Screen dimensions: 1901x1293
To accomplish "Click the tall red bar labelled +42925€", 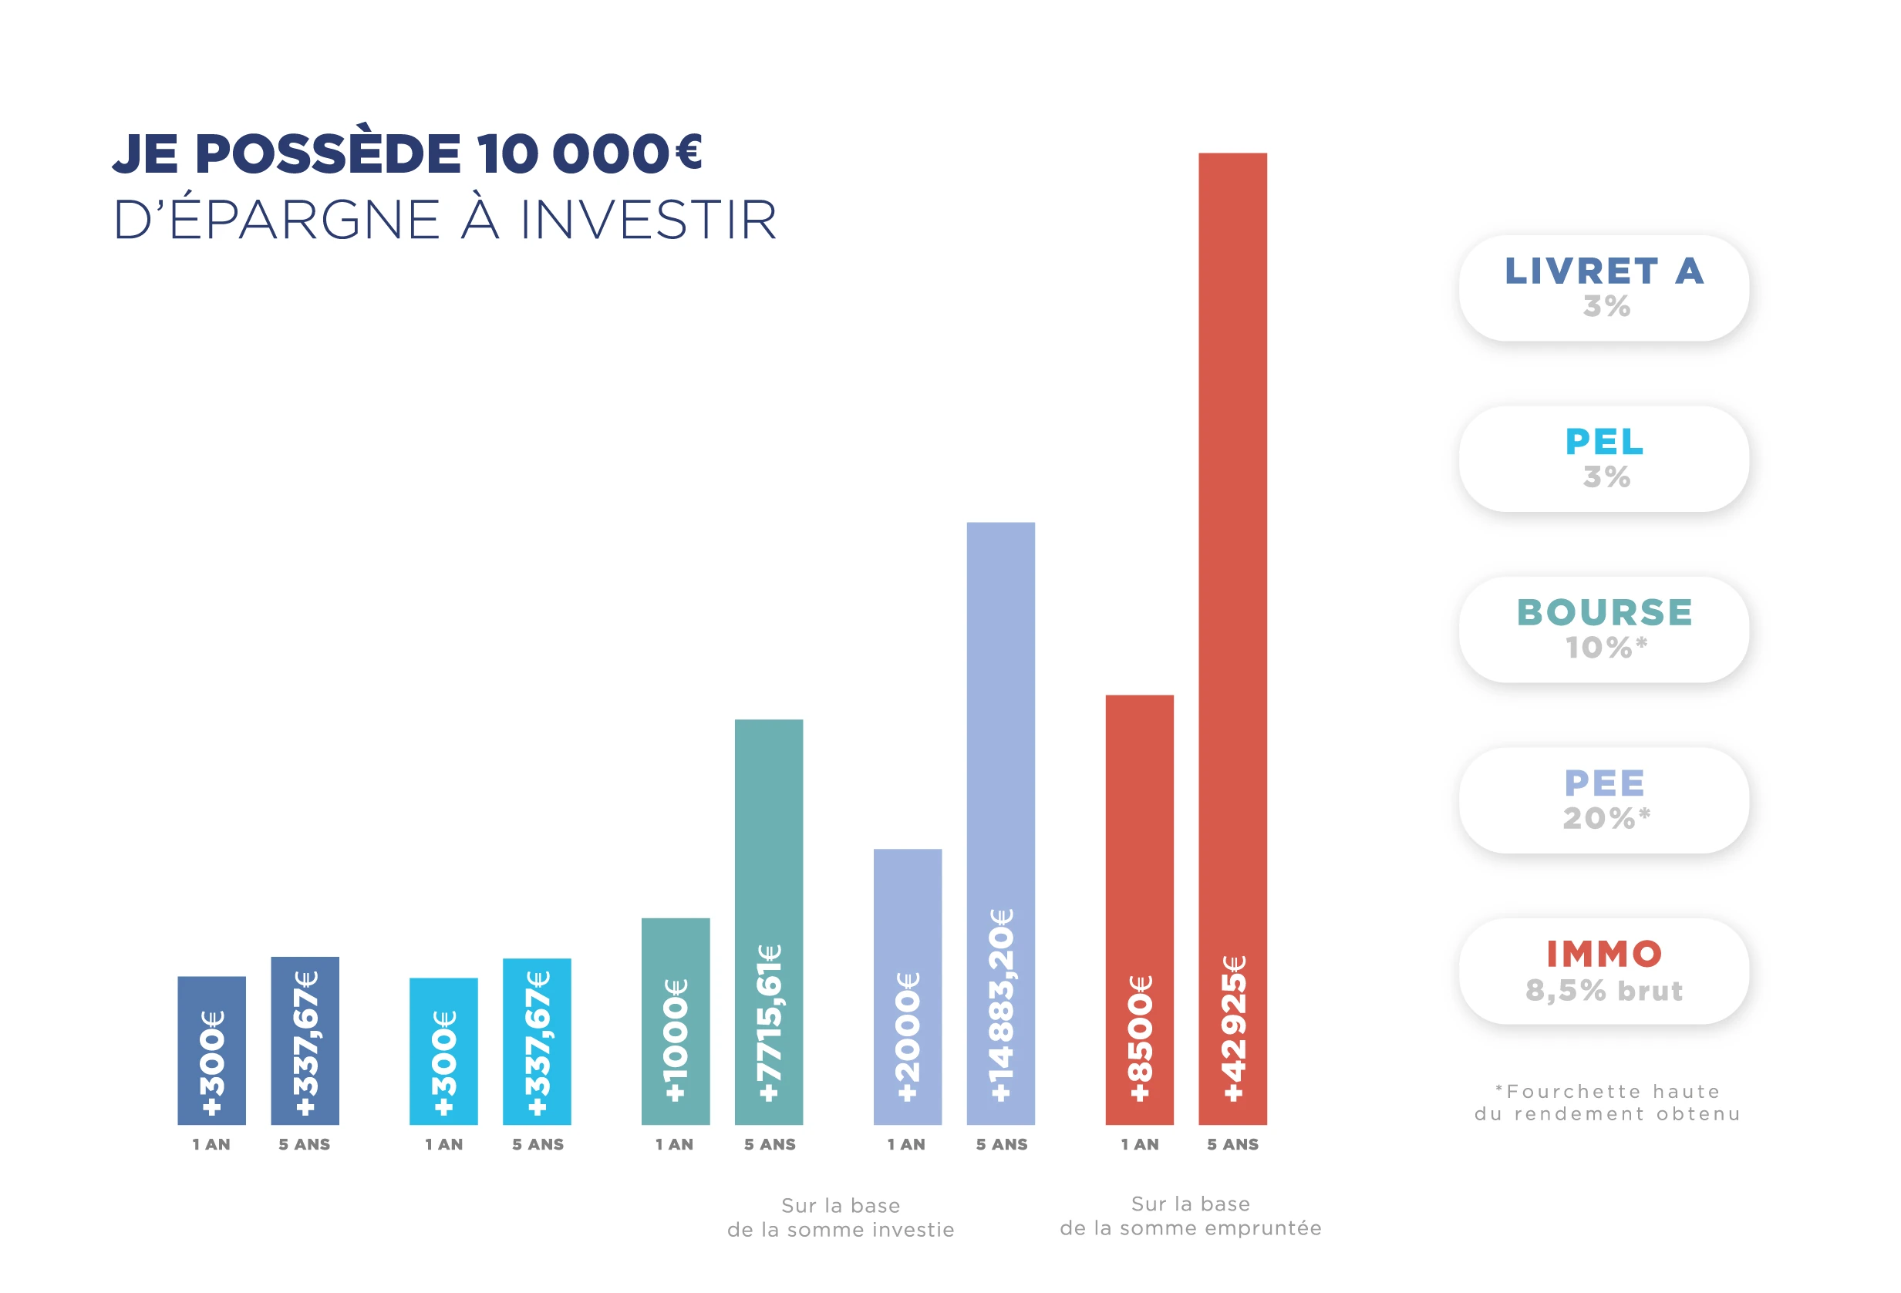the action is coord(1232,638).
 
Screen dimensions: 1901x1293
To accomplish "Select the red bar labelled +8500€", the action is coord(1140,910).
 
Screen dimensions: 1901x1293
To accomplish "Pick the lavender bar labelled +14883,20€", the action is coord(1000,823).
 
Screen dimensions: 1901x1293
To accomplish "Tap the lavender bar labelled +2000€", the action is coord(907,986).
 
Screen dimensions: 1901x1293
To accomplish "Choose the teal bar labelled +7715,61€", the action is coord(769,921).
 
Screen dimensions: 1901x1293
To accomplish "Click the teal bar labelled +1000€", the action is coord(676,1022).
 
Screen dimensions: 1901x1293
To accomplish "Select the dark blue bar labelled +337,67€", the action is coord(305,1040).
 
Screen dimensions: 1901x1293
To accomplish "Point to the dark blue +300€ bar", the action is coord(212,1050).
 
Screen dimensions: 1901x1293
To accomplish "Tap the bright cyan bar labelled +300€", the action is coord(443,1051).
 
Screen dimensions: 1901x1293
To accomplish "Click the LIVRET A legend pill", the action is coord(1604,288).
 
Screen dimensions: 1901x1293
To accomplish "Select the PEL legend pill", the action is coord(1604,459).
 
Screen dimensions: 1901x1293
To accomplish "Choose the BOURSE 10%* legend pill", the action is coord(1604,630).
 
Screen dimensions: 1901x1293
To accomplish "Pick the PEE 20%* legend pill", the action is coord(1604,800).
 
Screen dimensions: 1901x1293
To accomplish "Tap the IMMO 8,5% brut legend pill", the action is coord(1604,971).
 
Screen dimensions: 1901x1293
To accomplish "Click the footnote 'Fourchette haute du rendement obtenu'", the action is coord(1607,1103).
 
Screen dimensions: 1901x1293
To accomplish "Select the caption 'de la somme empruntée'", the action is coord(1190,1227).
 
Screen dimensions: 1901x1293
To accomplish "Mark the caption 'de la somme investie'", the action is coord(841,1229).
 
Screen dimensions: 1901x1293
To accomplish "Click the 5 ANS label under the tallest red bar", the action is coord(1232,1144).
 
